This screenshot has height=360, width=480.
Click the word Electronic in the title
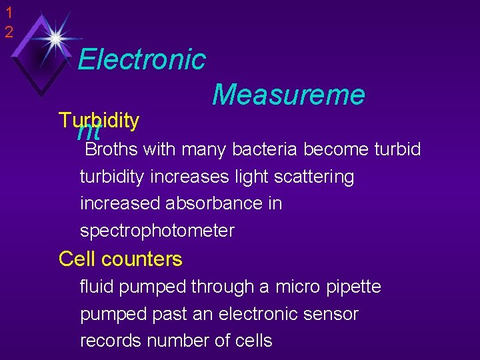pyautogui.click(x=141, y=59)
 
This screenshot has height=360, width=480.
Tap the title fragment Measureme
pyautogui.click(x=289, y=95)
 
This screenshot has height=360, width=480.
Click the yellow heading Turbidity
pyautogui.click(x=99, y=120)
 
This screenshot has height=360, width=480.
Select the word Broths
pyautogui.click(x=111, y=149)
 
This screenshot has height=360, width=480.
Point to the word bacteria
pyautogui.click(x=265, y=149)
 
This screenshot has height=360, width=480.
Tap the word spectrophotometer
pyautogui.click(x=157, y=231)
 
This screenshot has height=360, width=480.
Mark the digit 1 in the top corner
pyautogui.click(x=8, y=13)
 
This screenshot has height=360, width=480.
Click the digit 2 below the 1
pyautogui.click(x=8, y=31)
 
